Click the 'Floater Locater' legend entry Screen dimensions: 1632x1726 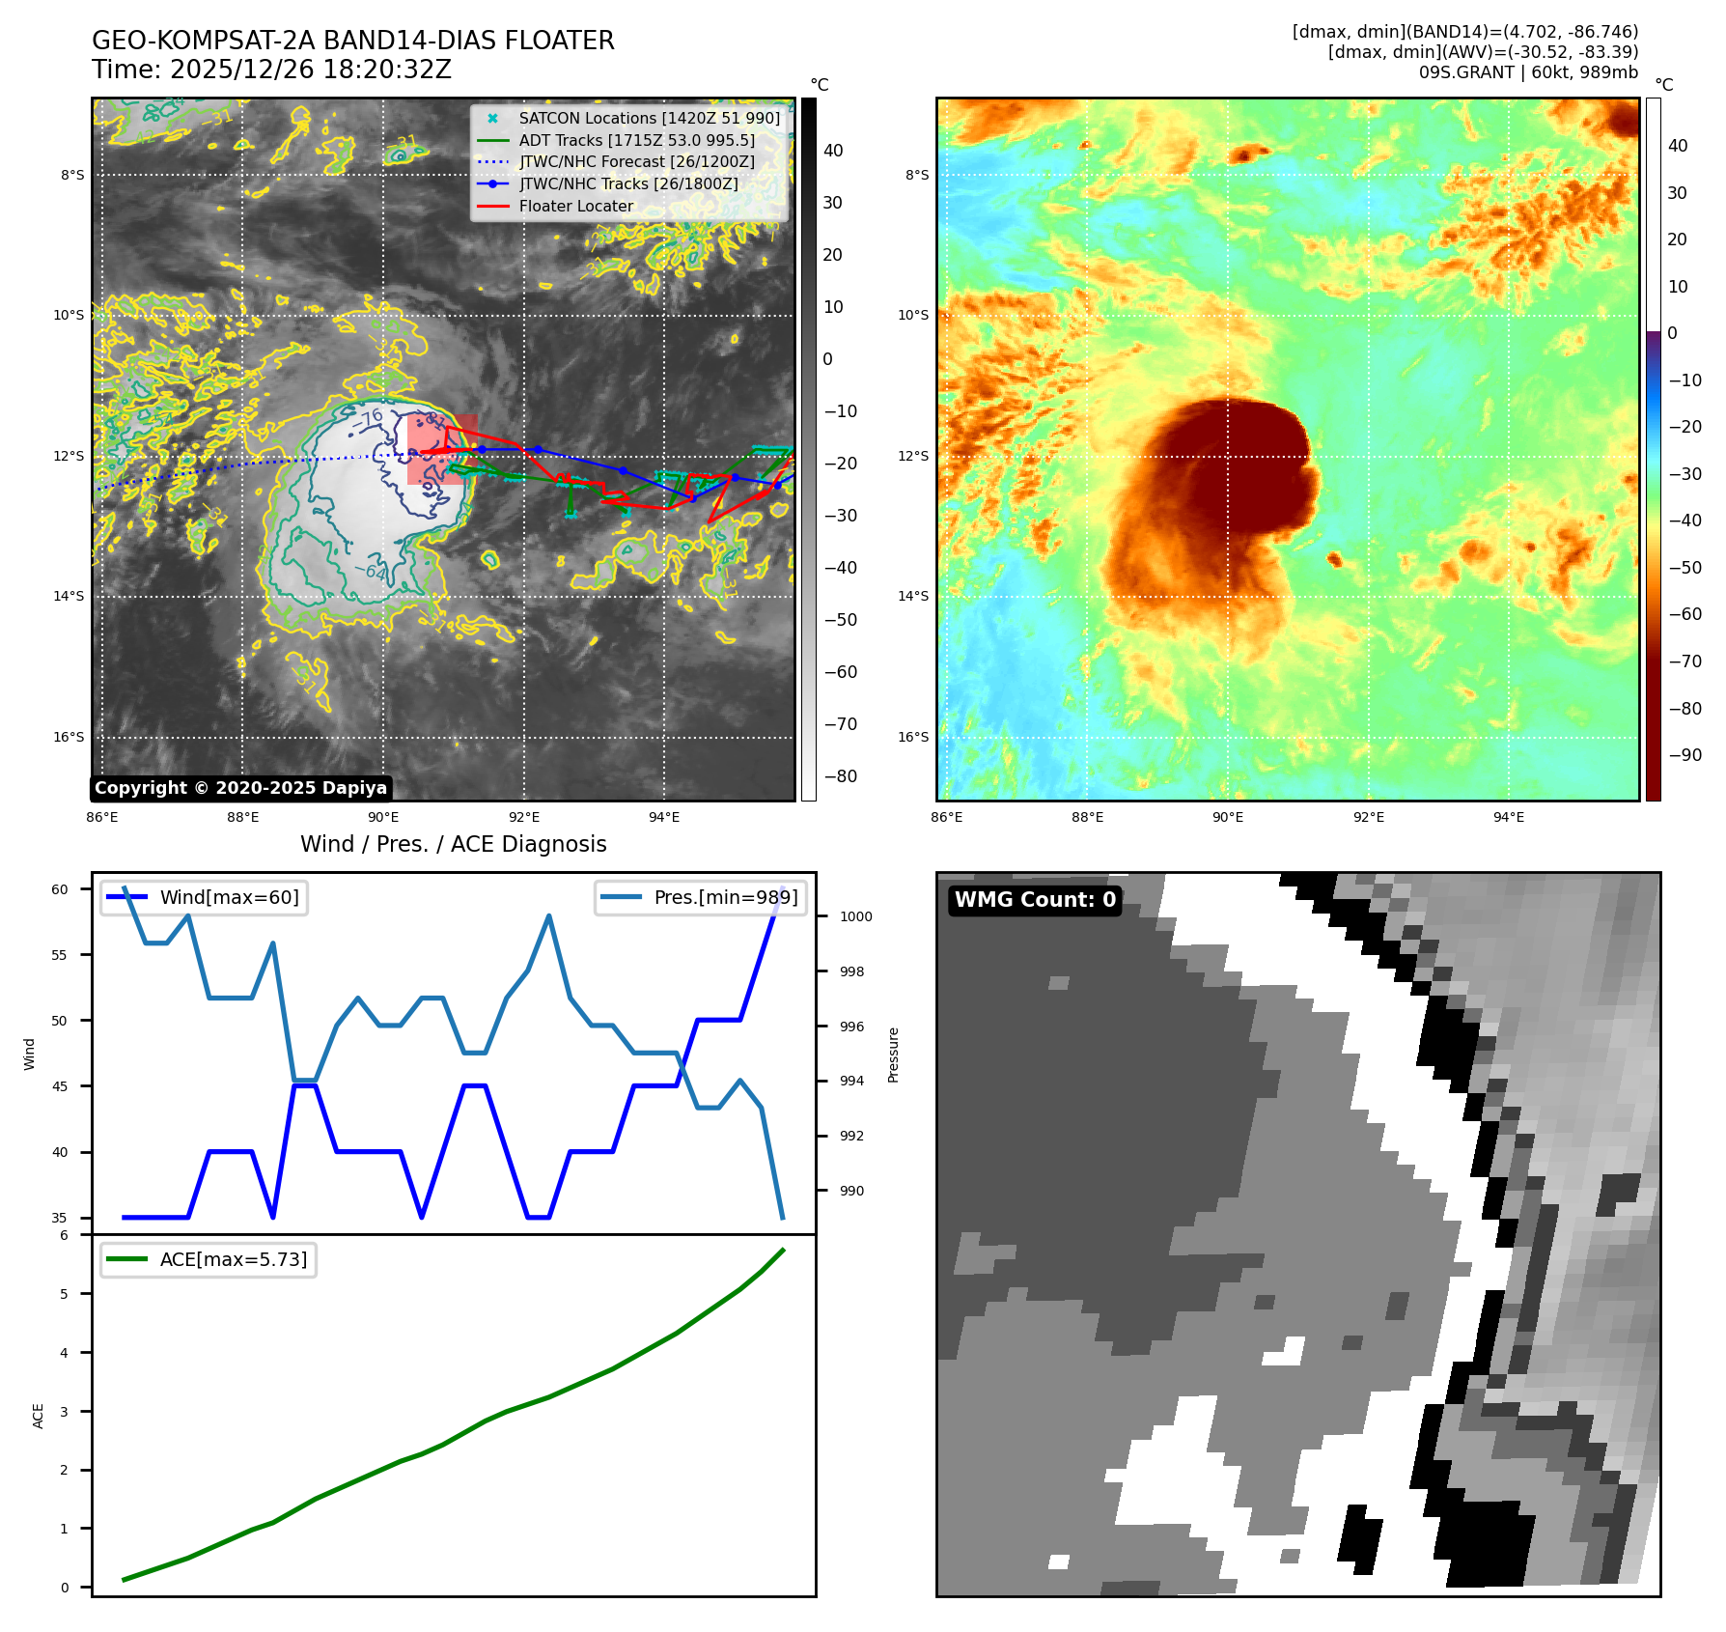tap(575, 206)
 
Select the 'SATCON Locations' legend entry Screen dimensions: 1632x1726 tap(649, 118)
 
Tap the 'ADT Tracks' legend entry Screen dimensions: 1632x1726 tap(636, 140)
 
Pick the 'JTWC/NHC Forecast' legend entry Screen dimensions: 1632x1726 tap(636, 161)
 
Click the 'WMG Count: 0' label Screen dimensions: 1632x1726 tap(1035, 899)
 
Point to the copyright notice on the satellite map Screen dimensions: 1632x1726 tap(240, 788)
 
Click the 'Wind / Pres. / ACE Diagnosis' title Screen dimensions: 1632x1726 tap(453, 844)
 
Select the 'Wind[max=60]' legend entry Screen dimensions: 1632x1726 tap(229, 897)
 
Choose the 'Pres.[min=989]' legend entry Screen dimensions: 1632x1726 tap(725, 897)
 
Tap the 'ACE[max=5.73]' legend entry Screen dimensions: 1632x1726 tap(233, 1259)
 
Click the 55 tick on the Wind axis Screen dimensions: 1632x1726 tap(60, 955)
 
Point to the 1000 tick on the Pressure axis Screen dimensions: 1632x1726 tap(855, 916)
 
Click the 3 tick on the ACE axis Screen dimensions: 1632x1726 tap(65, 1411)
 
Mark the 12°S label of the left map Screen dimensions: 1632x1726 tap(69, 456)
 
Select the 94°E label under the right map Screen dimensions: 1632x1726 tap(1509, 817)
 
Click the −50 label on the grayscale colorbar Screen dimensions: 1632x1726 tap(840, 619)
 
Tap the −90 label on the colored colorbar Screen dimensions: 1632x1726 tap(1685, 754)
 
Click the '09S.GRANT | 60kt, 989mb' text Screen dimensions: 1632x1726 tap(1528, 72)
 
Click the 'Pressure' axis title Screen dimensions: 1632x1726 tap(893, 1055)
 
